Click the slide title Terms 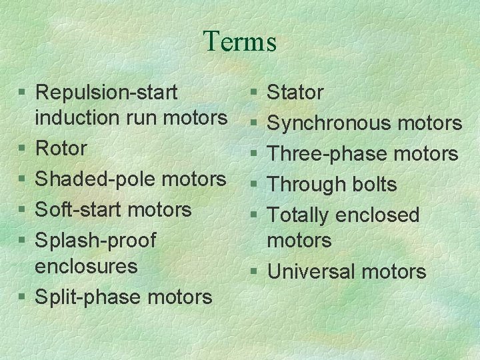[x=240, y=41]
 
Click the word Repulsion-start [x=106, y=92]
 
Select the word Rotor [x=61, y=148]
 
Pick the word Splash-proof [x=95, y=240]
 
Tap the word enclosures [x=86, y=266]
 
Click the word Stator [x=295, y=93]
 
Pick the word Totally [x=298, y=215]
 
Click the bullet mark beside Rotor [x=23, y=149]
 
